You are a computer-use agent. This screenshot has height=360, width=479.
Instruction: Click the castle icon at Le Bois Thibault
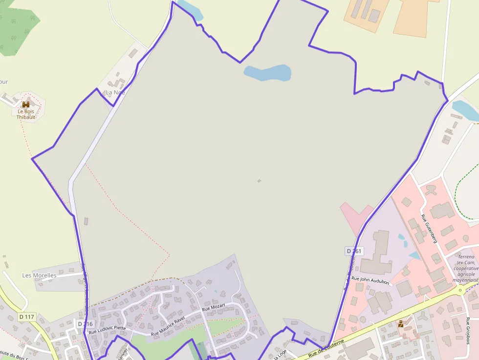click(26, 105)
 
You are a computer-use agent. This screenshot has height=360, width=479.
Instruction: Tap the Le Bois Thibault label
click(26, 114)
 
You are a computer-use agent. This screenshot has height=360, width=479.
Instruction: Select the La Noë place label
click(115, 92)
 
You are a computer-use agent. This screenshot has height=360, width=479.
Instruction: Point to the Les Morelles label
click(39, 275)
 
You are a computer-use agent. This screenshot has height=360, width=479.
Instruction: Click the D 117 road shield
click(27, 317)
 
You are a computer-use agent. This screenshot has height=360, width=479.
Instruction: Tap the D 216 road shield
click(85, 324)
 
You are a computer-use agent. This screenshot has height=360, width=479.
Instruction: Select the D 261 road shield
click(354, 251)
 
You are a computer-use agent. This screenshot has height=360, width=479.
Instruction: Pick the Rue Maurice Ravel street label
click(168, 327)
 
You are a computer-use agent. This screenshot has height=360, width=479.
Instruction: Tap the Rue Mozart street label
click(214, 309)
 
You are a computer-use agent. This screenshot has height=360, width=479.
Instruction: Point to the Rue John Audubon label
click(370, 280)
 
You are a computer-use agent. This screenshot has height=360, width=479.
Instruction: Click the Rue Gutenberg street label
click(429, 228)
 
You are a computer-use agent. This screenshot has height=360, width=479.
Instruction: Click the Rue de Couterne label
click(326, 348)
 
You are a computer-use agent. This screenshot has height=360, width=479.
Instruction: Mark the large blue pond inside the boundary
click(267, 73)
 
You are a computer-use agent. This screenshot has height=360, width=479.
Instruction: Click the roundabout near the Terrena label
click(460, 290)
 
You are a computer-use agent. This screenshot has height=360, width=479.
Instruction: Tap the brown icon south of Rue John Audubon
click(401, 324)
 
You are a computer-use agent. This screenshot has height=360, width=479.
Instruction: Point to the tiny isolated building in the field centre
click(259, 181)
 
